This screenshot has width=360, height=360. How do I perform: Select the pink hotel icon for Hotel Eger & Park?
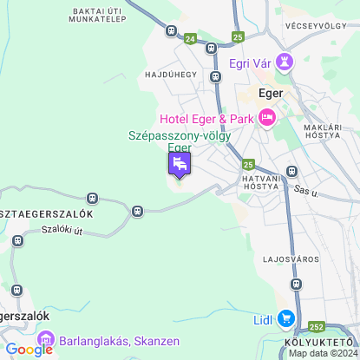(266, 118)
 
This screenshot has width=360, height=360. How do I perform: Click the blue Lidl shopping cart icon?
(285, 320)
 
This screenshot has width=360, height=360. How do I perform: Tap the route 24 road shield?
(190, 38)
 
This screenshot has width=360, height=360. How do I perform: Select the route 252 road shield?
(317, 327)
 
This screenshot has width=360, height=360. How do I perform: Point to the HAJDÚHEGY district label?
(169, 75)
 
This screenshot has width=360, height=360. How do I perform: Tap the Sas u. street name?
(302, 189)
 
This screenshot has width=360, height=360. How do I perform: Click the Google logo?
(29, 350)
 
